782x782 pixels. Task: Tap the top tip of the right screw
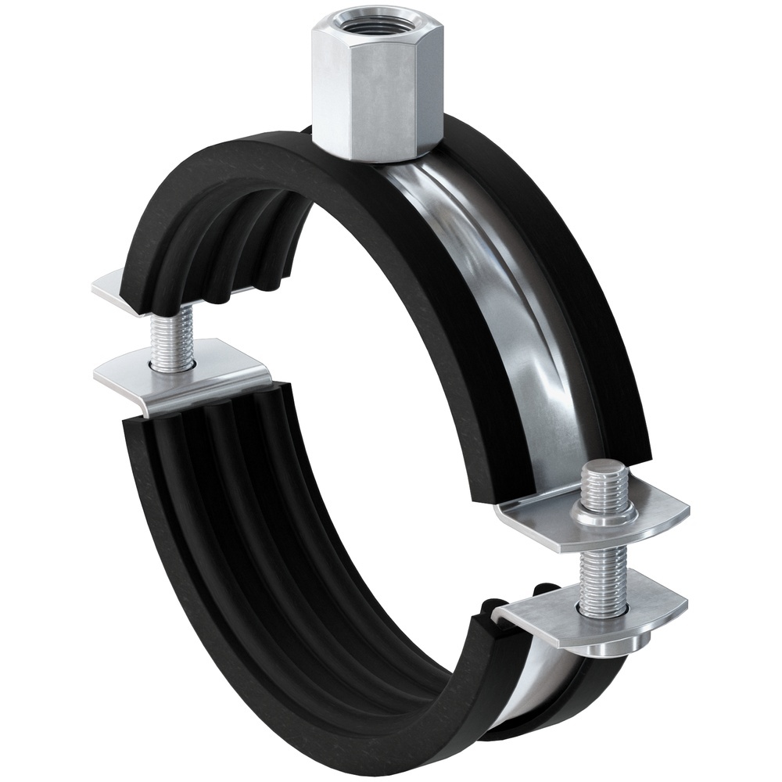605,469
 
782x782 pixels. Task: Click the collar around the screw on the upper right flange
603,512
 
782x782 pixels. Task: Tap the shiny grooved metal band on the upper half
500,297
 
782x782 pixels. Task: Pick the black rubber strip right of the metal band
579,313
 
